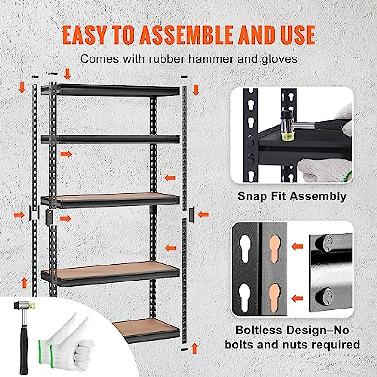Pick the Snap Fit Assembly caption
(x=292, y=196)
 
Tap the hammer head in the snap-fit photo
(x=287, y=126)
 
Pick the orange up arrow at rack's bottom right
(x=195, y=348)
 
